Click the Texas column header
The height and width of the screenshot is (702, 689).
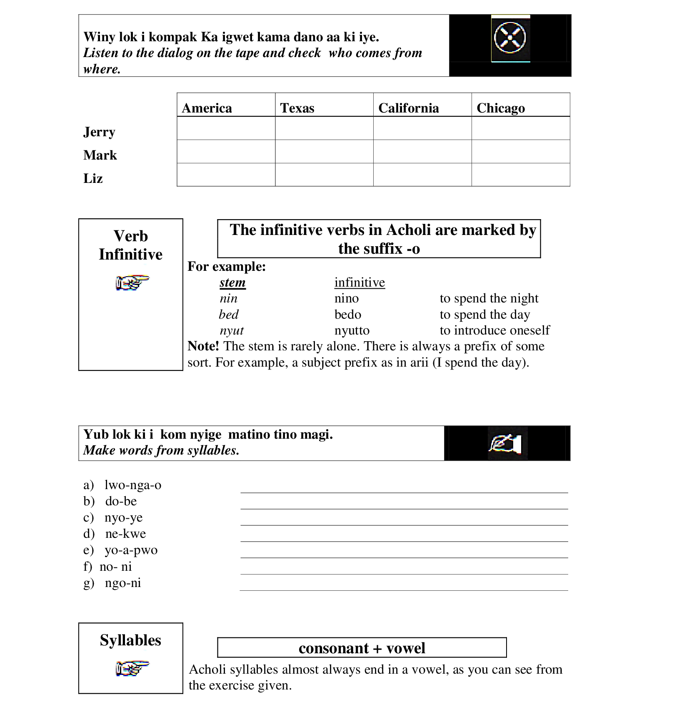pyautogui.click(x=297, y=108)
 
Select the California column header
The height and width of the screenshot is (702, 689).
pyautogui.click(x=408, y=108)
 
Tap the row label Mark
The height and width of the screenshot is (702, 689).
pyautogui.click(x=100, y=155)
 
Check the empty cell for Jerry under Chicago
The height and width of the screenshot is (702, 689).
pyautogui.click(x=521, y=128)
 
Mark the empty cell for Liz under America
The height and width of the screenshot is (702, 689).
pyautogui.click(x=226, y=175)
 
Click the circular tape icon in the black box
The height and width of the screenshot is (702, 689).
pyautogui.click(x=510, y=38)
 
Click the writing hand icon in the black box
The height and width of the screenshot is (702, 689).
pyautogui.click(x=505, y=443)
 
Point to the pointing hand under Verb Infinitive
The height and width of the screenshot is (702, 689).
pyautogui.click(x=132, y=282)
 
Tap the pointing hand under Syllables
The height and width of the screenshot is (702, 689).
pyautogui.click(x=132, y=668)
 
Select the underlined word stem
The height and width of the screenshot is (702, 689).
pyautogui.click(x=232, y=282)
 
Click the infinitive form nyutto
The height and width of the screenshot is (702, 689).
pyautogui.click(x=352, y=330)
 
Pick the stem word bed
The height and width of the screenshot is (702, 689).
pyautogui.click(x=229, y=315)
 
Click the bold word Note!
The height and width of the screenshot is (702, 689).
pyautogui.click(x=203, y=346)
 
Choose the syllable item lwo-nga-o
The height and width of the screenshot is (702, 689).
pyautogui.click(x=132, y=485)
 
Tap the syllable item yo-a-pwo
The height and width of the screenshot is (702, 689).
pyautogui.click(x=131, y=550)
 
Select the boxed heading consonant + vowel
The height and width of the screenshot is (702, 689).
pyautogui.click(x=362, y=648)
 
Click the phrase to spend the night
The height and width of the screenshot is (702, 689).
pyautogui.click(x=489, y=298)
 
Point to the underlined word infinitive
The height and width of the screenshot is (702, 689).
pyautogui.click(x=359, y=282)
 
